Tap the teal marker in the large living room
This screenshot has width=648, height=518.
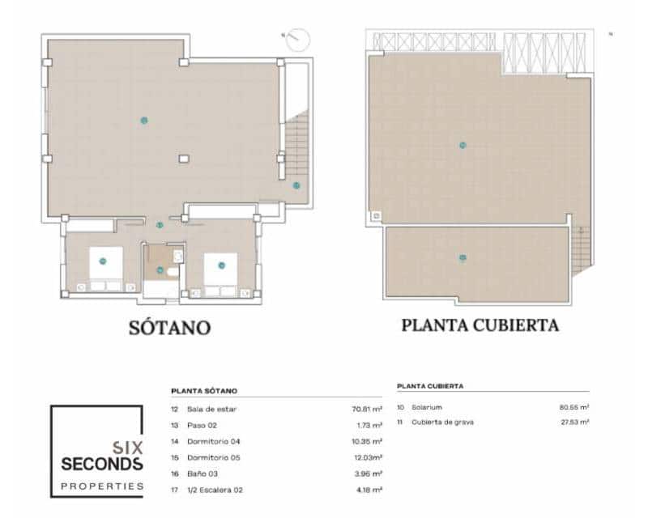coord(143,120)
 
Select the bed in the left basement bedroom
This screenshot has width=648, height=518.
coord(103,265)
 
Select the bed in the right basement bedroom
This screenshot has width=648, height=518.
coord(220,268)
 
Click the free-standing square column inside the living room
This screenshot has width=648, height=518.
coord(184,159)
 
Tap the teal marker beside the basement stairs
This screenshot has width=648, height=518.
coord(296,185)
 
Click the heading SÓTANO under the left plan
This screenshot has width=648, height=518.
coord(169,328)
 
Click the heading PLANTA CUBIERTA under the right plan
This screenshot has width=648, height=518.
coord(480,325)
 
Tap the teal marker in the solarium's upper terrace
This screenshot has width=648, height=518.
coord(463,146)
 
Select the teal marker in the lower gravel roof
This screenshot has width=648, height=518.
coord(463,258)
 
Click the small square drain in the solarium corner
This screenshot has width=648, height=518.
coord(375,216)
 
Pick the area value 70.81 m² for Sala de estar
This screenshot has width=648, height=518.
coord(366,410)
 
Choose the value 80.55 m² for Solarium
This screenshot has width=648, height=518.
coord(573,407)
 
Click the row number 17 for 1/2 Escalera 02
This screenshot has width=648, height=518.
coord(175,490)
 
